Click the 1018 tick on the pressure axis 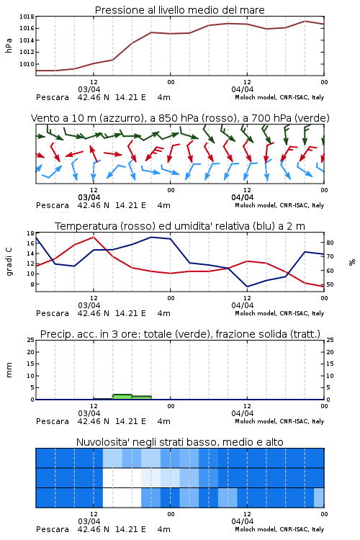point(27,17)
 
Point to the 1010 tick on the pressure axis point(27,64)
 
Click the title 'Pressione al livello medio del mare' point(180,10)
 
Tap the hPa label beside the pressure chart point(9,45)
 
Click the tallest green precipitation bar point(122,397)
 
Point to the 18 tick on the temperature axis point(30,233)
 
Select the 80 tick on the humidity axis point(330,243)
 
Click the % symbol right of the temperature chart point(352,262)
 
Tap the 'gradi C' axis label point(9,261)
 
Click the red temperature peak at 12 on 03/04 point(94,237)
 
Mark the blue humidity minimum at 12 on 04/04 point(248,287)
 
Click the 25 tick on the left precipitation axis point(30,340)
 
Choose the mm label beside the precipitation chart point(9,370)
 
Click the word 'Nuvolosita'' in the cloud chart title point(95,442)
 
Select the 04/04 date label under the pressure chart point(243,89)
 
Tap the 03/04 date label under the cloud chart point(89,521)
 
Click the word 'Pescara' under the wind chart point(53,206)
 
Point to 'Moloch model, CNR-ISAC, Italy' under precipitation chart point(279,421)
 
